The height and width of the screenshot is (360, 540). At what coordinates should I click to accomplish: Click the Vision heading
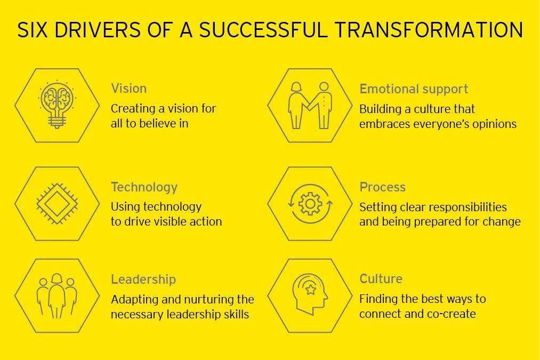[x=129, y=89]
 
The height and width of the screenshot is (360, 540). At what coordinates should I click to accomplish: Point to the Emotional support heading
[x=414, y=89]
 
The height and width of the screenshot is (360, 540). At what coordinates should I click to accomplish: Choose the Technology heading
[x=144, y=187]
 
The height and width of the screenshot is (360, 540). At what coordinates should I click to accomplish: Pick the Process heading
[x=382, y=187]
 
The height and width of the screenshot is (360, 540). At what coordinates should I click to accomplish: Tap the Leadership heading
[x=143, y=279]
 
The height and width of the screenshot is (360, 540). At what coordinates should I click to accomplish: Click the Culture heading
[x=381, y=279]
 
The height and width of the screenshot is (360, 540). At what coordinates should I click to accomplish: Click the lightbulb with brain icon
[x=57, y=105]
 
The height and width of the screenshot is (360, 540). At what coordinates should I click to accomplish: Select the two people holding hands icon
[x=310, y=105]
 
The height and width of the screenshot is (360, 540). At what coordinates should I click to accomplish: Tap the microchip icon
[x=57, y=204]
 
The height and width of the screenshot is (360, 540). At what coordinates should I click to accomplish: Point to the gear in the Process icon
[x=310, y=204]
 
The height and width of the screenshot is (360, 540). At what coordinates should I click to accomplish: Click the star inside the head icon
[x=311, y=290]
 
